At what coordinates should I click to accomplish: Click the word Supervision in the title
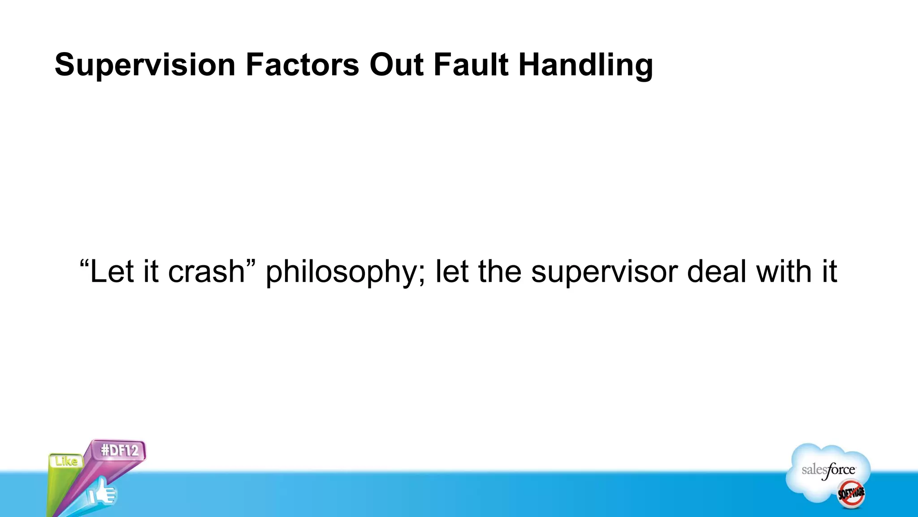(145, 66)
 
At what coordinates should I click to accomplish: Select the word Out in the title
(396, 65)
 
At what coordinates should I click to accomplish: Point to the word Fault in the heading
(471, 65)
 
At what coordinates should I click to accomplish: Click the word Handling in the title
(585, 66)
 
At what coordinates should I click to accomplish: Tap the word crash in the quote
(206, 272)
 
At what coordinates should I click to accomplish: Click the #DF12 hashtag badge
(119, 450)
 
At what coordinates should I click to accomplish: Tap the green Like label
(66, 461)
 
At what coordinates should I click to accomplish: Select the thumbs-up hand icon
(102, 493)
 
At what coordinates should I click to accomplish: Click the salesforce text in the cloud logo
(828, 470)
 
